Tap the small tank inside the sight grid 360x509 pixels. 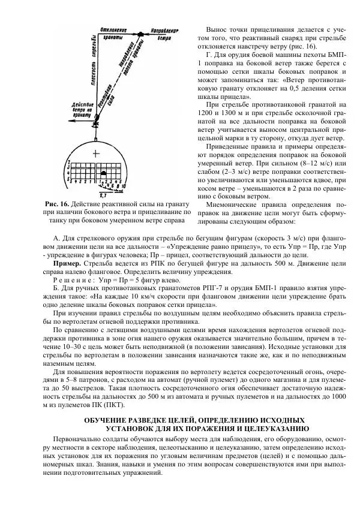[x=103, y=173]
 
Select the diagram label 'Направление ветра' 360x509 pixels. [x=165, y=33]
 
